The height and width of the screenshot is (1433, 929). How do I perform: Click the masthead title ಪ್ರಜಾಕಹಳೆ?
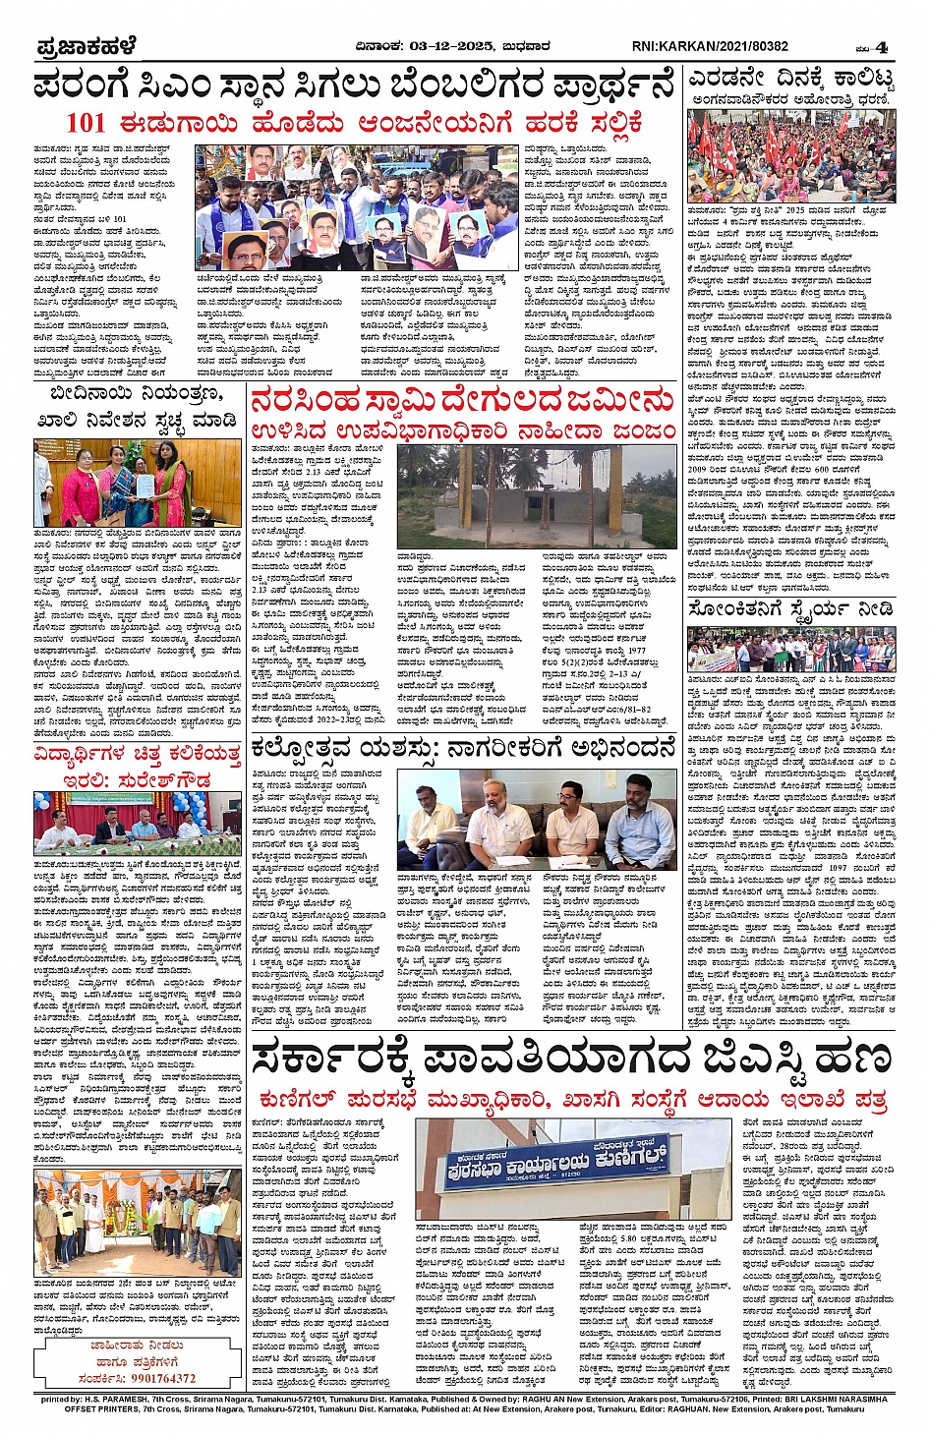tap(86, 46)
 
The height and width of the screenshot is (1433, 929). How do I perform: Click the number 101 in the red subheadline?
tap(86, 124)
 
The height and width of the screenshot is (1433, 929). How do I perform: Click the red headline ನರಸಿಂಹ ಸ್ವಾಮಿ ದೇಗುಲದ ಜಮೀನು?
tap(462, 402)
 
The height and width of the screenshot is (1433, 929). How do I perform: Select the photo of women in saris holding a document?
tap(138, 483)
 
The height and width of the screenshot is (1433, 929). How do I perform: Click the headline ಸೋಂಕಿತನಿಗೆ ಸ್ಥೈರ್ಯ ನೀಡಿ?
tap(790, 609)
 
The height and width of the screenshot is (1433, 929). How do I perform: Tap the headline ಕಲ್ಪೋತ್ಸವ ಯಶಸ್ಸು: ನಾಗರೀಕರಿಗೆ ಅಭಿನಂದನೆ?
tap(462, 751)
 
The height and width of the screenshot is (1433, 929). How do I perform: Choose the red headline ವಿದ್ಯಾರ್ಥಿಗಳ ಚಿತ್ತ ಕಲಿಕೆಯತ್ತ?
tap(138, 755)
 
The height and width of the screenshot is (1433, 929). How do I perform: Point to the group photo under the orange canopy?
tap(138, 1224)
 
